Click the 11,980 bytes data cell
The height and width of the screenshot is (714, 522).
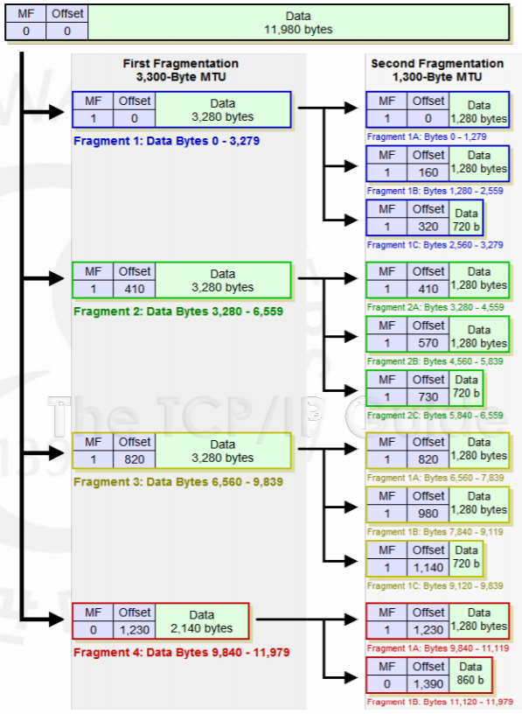tap(297, 23)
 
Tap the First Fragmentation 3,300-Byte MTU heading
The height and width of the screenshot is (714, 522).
tap(181, 70)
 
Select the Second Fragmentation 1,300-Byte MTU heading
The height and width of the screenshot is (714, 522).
tap(437, 70)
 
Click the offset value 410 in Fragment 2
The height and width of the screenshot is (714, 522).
tap(135, 288)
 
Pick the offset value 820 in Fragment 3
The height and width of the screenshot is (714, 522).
tap(135, 458)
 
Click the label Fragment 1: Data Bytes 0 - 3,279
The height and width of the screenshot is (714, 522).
tap(166, 140)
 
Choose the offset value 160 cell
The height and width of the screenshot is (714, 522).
tap(428, 172)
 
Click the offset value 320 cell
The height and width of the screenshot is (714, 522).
tap(428, 226)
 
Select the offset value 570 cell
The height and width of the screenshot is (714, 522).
tap(428, 343)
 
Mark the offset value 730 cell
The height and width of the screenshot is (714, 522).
tap(428, 396)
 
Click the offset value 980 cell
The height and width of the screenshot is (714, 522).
tap(428, 514)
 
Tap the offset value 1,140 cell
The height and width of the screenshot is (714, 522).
tap(428, 567)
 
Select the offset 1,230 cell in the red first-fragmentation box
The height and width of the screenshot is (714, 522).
tap(135, 629)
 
